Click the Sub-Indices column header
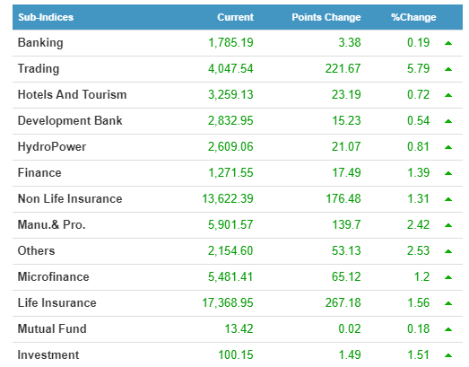pos(46,17)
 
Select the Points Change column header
pos(326,17)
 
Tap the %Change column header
pos(413,17)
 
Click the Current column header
pos(236,17)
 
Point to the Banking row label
pos(40,43)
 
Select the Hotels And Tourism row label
pos(72,94)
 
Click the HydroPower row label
pos(52,147)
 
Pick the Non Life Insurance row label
pos(70,199)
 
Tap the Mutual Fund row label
pos(52,328)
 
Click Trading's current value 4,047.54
pos(230,69)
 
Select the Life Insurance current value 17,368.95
pos(228,303)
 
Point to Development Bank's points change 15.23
pos(347,120)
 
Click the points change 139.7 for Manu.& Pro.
pos(347,225)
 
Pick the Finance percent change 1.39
pos(419,172)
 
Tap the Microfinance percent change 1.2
pos(422,277)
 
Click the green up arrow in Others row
pos(448,251)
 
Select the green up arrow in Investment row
pos(448,355)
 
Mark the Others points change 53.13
pos(346,251)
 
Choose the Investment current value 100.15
pos(236,354)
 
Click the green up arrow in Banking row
pos(448,43)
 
